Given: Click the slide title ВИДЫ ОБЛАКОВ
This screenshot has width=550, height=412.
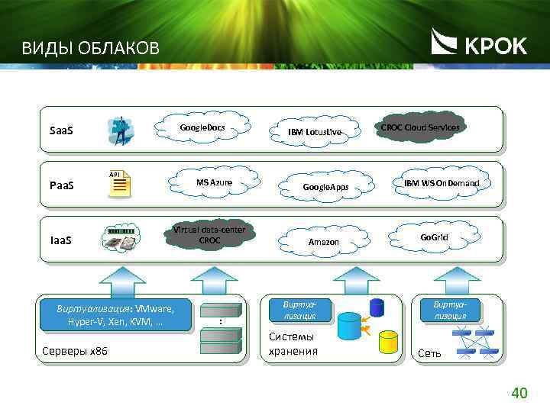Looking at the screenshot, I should (90, 50).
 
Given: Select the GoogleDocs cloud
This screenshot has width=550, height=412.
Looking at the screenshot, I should (202, 127).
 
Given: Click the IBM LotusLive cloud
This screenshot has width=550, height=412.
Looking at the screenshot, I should (315, 132).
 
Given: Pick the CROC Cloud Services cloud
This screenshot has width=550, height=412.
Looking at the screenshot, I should (420, 127).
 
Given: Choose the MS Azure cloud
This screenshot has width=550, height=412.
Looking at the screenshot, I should (214, 182).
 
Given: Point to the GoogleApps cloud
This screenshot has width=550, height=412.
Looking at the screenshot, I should (325, 187).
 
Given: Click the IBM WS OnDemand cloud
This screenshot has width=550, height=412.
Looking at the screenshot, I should (442, 183).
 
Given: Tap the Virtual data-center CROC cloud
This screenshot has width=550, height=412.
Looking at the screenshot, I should (209, 235).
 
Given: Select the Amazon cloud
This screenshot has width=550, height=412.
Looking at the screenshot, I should (323, 242).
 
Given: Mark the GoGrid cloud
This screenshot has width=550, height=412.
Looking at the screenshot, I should (434, 237).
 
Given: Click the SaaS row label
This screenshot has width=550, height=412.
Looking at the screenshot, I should (61, 131).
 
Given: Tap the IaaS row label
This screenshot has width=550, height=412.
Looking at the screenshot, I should (60, 240).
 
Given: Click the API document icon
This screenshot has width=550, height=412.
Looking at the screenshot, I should (119, 184).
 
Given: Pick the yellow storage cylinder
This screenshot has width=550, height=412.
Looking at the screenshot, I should (390, 341).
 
